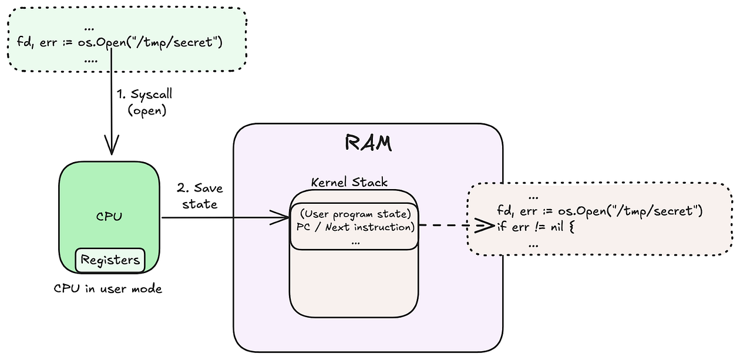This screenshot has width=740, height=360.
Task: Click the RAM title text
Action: click(368, 143)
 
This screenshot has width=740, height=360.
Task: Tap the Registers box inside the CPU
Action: click(110, 260)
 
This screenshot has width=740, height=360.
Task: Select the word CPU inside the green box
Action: click(109, 217)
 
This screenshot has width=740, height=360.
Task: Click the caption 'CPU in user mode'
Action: click(108, 289)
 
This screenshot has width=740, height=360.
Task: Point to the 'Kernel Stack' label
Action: click(349, 182)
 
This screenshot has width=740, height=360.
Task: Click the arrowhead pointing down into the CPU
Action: click(110, 144)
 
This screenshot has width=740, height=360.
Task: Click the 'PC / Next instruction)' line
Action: click(352, 226)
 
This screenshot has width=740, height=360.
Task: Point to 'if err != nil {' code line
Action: click(534, 226)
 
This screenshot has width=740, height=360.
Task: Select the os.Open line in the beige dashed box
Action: click(599, 211)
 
